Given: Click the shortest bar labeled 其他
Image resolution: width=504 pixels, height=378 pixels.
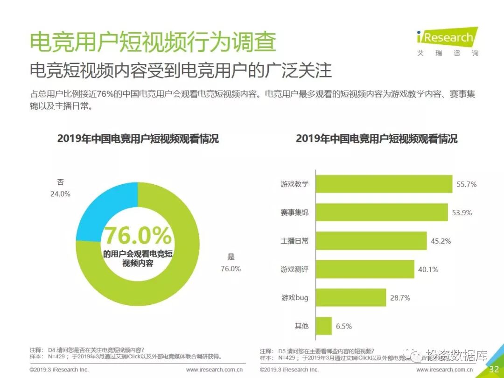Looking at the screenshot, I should pyautogui.click(x=324, y=326).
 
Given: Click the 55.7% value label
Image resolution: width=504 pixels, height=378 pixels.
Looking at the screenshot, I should pyautogui.click(x=466, y=184).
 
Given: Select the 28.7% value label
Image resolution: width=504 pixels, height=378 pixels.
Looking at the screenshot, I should pyautogui.click(x=400, y=298).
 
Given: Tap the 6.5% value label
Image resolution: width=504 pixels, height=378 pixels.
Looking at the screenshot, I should pyautogui.click(x=343, y=326).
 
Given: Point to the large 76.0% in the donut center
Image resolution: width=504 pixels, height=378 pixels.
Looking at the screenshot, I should pyautogui.click(x=138, y=236).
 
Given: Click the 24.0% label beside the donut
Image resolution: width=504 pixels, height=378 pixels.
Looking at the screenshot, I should pyautogui.click(x=60, y=194).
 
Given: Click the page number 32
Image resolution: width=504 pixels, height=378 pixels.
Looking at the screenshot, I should pyautogui.click(x=494, y=370).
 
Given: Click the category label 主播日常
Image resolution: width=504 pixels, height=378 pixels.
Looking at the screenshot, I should pyautogui.click(x=294, y=241).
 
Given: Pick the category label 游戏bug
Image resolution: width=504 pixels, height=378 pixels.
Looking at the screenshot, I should pyautogui.click(x=294, y=297).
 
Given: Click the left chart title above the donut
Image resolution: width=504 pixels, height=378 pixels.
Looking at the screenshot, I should pyautogui.click(x=138, y=139).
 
